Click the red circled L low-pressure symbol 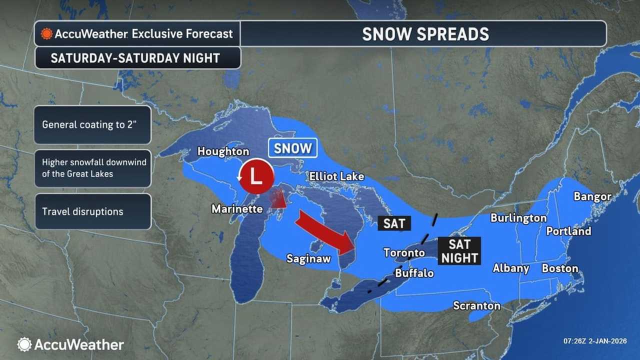pyautogui.click(x=256, y=177)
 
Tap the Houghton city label pyautogui.click(x=223, y=151)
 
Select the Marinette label pyautogui.click(x=237, y=209)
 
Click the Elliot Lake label pyautogui.click(x=336, y=176)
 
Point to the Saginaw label pyautogui.click(x=308, y=258)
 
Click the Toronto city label pyautogui.click(x=404, y=252)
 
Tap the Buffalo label pyautogui.click(x=414, y=273)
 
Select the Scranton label pyautogui.click(x=476, y=305)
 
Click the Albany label pyautogui.click(x=511, y=268)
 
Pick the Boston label pyautogui.click(x=560, y=268)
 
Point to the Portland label pyautogui.click(x=568, y=231)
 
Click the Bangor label pyautogui.click(x=592, y=196)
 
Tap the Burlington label pyautogui.click(x=518, y=218)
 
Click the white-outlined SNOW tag pyautogui.click(x=292, y=148)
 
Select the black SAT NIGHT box pyautogui.click(x=459, y=251)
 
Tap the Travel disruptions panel pyautogui.click(x=92, y=211)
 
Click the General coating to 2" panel pyautogui.click(x=92, y=124)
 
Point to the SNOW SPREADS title pyautogui.click(x=425, y=34)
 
